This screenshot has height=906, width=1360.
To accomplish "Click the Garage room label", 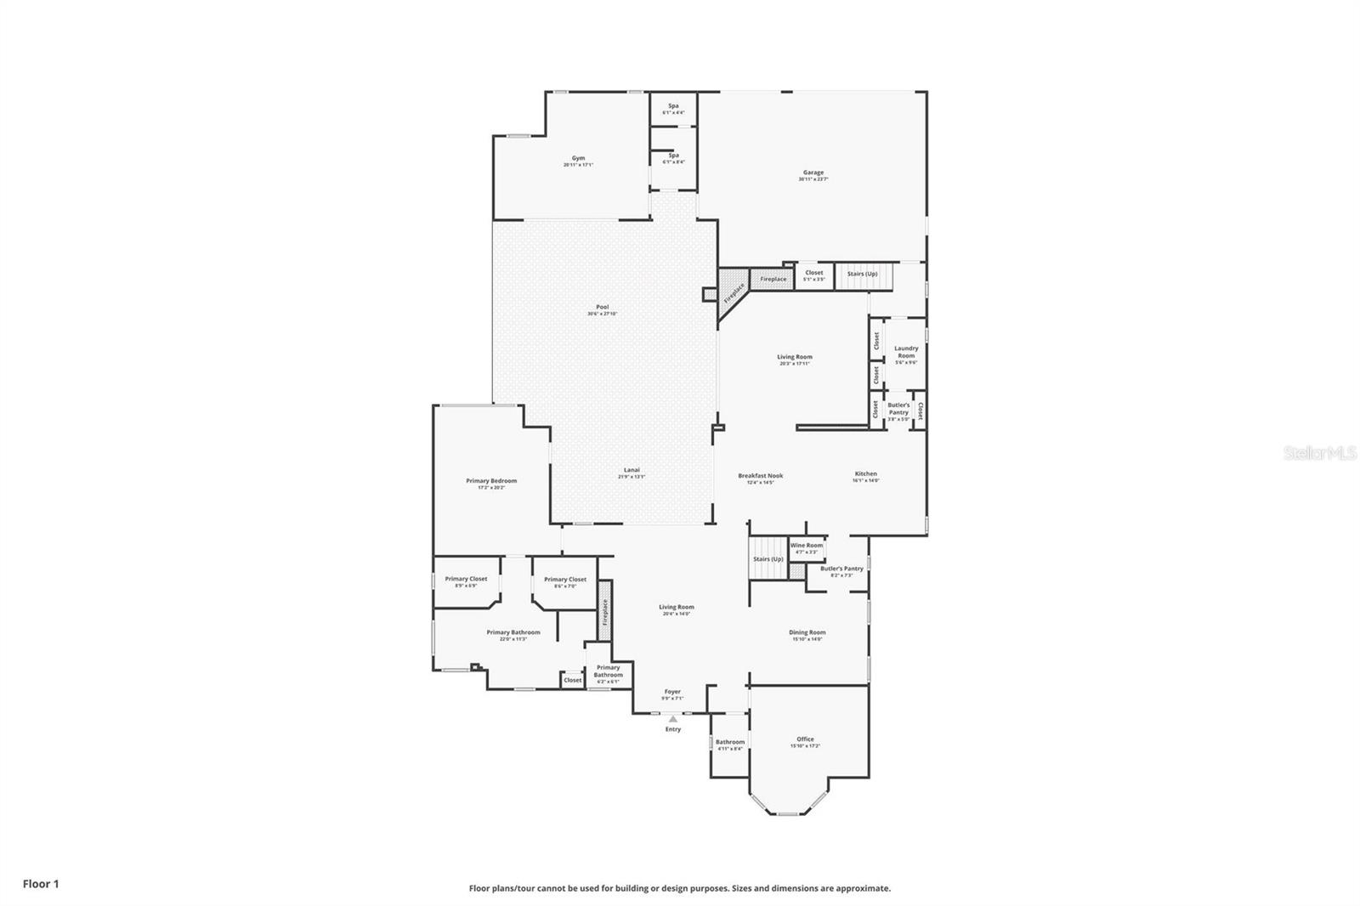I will (x=813, y=173).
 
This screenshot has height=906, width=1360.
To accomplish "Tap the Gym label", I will (x=578, y=159).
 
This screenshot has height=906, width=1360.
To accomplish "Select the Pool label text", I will (x=602, y=308).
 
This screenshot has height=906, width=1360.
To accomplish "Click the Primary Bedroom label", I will (x=491, y=482).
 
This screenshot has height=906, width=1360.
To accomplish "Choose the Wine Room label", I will (x=806, y=546).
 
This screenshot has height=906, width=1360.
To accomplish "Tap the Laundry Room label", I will (x=906, y=351).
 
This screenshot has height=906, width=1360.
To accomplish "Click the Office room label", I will (x=805, y=740).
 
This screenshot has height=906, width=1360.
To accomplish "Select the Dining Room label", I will (x=807, y=633).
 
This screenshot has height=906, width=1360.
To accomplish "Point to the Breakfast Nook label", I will (x=760, y=477).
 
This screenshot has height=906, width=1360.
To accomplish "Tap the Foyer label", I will (x=671, y=693).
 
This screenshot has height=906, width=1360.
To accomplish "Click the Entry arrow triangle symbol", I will (x=673, y=719).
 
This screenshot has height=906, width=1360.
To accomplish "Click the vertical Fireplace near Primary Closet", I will (x=605, y=612).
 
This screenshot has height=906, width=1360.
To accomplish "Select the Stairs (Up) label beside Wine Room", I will (x=768, y=559).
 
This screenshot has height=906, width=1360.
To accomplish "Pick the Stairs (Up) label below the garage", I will (x=862, y=274).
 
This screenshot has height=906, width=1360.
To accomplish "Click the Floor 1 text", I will (x=41, y=884).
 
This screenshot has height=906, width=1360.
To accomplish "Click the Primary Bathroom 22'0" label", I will (x=513, y=633).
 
